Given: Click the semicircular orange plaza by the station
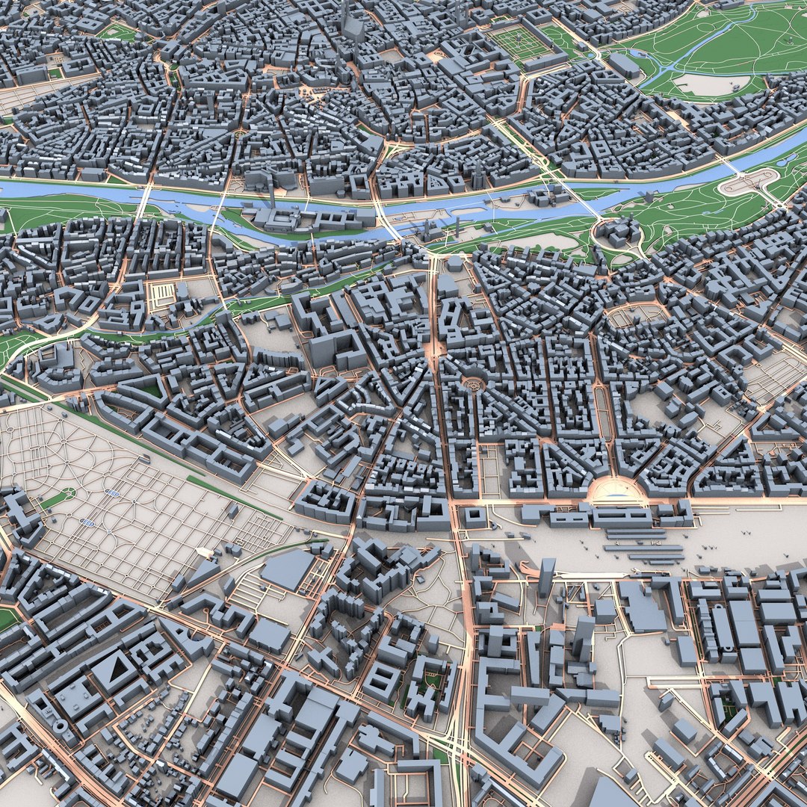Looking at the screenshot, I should click(616, 490).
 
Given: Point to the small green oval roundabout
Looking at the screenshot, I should click(67, 493).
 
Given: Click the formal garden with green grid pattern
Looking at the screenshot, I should click(521, 43).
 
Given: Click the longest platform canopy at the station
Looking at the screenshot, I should click(643, 550).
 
